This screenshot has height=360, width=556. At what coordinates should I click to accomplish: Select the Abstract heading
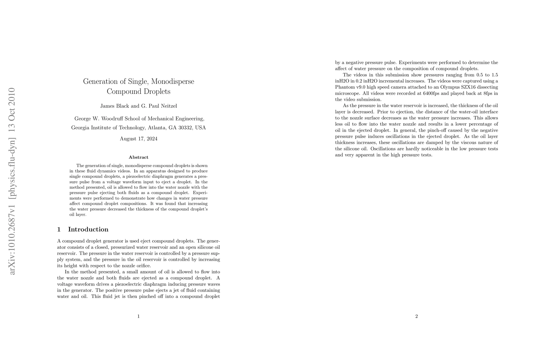click(139, 157)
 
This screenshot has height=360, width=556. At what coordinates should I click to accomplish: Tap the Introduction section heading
click(88, 229)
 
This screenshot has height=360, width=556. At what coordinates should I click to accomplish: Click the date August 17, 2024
click(139, 139)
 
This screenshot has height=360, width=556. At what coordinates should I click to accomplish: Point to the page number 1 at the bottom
click(139, 316)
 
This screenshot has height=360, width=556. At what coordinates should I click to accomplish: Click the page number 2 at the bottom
click(417, 316)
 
